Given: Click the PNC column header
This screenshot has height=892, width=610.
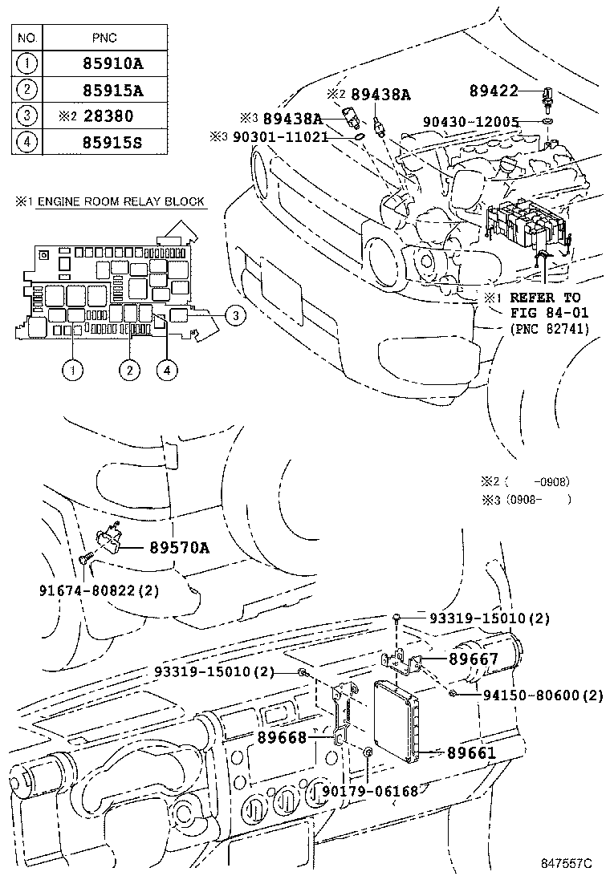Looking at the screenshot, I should [x=104, y=37].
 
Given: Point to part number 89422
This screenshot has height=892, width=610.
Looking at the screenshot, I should [x=494, y=92].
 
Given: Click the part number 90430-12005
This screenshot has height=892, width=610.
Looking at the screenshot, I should [x=470, y=122].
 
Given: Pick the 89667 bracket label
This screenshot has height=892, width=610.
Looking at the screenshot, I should [x=474, y=659].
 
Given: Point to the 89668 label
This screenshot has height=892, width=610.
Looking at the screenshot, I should [x=282, y=736].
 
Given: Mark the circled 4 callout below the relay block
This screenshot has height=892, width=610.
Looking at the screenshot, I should [x=168, y=370].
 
